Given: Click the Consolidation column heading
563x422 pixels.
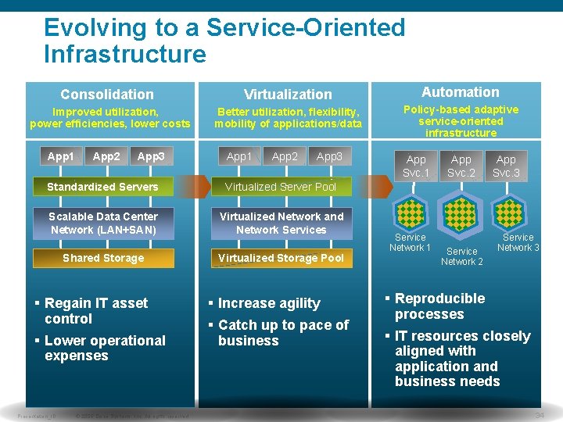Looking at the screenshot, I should coord(107,95).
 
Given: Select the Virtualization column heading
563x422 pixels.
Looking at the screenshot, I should coord(288,95).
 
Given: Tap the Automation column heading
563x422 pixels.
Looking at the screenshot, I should coord(460,92).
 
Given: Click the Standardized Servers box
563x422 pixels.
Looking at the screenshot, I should coord(102,187).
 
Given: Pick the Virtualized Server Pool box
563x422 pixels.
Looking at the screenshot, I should coord(281,187).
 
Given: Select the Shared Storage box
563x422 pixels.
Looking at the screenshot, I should coord(103,258).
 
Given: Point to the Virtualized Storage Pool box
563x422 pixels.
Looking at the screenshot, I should coord(281,258).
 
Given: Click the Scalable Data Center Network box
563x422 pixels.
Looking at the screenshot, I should coord(103,223).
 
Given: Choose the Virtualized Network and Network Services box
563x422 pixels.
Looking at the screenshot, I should coord(281,223).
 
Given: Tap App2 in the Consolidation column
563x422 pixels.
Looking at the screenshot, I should coord(106,156).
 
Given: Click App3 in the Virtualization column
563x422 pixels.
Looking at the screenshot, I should coord(329,156).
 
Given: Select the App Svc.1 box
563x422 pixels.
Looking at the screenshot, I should coord(416,166).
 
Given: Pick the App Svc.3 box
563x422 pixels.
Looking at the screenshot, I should coord(506,166).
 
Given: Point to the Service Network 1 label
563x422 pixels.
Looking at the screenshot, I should coord(411,242).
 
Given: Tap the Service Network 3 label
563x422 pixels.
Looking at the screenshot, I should coord(518,242).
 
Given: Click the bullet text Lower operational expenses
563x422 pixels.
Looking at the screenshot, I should coord(105,348).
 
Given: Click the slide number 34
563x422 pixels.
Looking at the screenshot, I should coord(539,416).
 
